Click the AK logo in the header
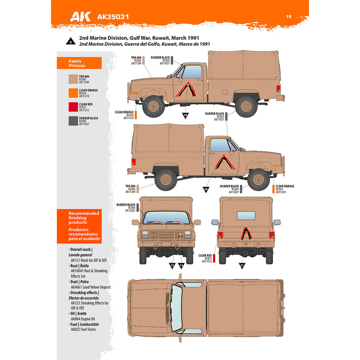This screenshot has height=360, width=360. click(80, 17)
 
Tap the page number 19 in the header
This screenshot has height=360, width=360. click(289, 17)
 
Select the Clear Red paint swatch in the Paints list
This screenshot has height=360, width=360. click(73, 107)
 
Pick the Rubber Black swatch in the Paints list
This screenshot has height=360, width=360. click(73, 121)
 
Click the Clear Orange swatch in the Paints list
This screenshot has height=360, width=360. click(73, 93)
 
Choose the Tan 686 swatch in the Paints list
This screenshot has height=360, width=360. click(73, 79)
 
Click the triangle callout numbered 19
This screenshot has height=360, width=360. click(185, 115)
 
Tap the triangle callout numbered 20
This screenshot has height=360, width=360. click(206, 190)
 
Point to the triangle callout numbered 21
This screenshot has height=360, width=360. click(242, 266)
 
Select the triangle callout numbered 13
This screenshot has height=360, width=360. click(172, 266)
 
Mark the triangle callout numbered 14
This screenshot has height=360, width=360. click(181, 266)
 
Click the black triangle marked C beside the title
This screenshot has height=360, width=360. click(71, 41)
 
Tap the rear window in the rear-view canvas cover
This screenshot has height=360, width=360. click(246, 216)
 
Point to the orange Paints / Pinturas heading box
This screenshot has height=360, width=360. click(79, 63)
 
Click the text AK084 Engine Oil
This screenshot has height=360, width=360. click(83, 319)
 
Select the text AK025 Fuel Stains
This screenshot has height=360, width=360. click(84, 329)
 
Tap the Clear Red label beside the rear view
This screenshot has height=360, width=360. click(205, 255)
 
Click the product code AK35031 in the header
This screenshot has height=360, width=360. click(113, 17)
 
